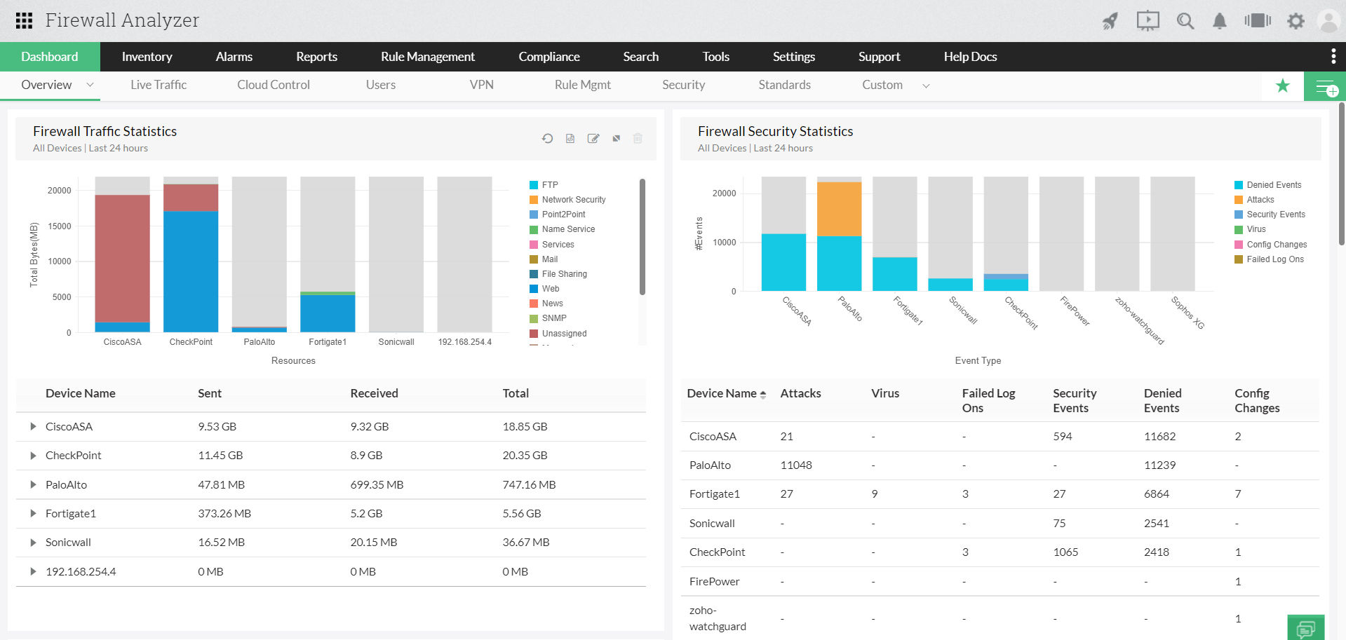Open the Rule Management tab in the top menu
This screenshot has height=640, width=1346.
coord(427,57)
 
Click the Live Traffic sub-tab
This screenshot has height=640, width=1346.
coord(159,85)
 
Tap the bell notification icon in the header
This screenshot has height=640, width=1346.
coord(1220,21)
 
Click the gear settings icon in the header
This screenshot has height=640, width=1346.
coord(1295,21)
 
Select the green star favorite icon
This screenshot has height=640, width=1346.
coord(1282,86)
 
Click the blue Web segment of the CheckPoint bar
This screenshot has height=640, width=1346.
coord(191,271)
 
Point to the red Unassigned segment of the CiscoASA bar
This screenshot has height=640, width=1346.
coord(122,258)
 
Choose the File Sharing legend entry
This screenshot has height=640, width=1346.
coord(564,274)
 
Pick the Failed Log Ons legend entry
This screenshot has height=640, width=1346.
coord(1274,259)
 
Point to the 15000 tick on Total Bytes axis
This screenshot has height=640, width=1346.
coord(60,226)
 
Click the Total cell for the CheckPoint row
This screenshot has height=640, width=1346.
coord(525,456)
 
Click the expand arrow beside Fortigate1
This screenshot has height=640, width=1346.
coord(33,514)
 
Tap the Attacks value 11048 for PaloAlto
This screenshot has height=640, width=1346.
coord(796,465)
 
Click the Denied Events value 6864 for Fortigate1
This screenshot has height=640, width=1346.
coord(1156,494)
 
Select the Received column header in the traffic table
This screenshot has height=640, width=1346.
coord(374,393)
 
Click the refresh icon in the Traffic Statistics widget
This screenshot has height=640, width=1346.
coord(547,139)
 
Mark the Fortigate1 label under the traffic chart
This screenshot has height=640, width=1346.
coord(328,342)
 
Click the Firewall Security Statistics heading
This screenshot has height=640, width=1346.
coord(775,131)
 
